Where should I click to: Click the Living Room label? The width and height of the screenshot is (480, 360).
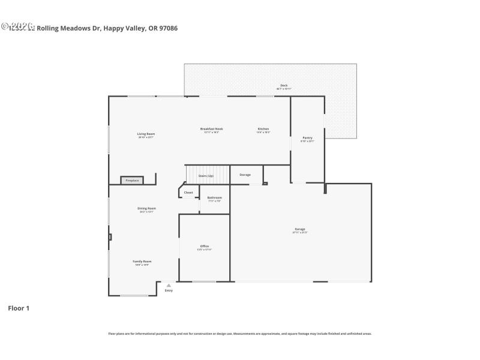pyautogui.click(x=146, y=134)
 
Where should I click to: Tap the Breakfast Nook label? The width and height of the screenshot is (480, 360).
pyautogui.click(x=212, y=129)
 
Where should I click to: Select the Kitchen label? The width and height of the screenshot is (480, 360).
pyautogui.click(x=263, y=129)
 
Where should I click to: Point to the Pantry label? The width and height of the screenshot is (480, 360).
pyautogui.click(x=307, y=137)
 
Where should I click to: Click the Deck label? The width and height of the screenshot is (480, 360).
pyautogui.click(x=284, y=85)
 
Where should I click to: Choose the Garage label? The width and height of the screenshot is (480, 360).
pyautogui.click(x=300, y=229)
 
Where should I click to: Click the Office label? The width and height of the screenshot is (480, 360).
pyautogui.click(x=205, y=246)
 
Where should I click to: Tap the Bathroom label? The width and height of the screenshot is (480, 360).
pyautogui.click(x=215, y=197)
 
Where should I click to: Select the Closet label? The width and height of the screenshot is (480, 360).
pyautogui.click(x=188, y=193)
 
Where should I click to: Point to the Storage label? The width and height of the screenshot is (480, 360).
pyautogui.click(x=245, y=175)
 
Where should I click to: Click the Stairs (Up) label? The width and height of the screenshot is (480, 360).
pyautogui.click(x=206, y=176)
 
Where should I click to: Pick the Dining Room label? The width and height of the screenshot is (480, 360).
pyautogui.click(x=147, y=208)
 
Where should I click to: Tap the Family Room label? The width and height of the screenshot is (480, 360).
pyautogui.click(x=142, y=262)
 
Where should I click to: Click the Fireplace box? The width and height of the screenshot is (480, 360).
pyautogui.click(x=132, y=180)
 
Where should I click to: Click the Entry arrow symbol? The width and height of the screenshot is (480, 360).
pyautogui.click(x=169, y=286)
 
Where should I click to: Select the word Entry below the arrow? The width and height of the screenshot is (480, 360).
pyautogui.click(x=169, y=290)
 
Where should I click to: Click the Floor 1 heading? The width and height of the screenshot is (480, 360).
pyautogui.click(x=18, y=308)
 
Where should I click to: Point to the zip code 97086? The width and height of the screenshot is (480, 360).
pyautogui.click(x=167, y=28)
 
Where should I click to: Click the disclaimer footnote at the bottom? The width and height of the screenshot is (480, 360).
pyautogui.click(x=240, y=334)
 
